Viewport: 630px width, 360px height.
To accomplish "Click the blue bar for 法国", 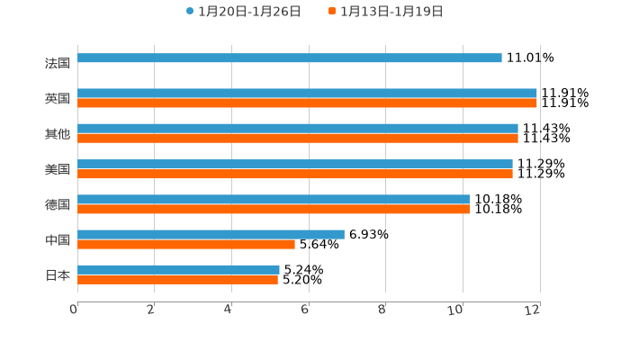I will tap(289, 58).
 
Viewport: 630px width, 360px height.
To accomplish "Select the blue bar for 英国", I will tap(307, 94).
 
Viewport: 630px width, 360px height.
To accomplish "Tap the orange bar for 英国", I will tap(307, 103).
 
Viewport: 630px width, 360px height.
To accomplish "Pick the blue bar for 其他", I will tap(297, 129).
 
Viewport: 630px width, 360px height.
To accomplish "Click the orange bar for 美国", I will tap(294, 174).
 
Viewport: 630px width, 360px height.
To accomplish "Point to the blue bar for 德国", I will tap(274, 199).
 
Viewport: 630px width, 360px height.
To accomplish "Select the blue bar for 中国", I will tap(211, 234).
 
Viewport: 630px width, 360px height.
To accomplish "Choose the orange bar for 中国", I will tap(185, 244).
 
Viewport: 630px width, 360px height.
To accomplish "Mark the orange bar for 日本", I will tap(177, 280).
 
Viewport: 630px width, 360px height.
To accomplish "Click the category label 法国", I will tap(58, 63).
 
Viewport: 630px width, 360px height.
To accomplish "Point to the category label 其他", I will tap(58, 134).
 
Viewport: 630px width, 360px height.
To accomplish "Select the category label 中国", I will tap(58, 239).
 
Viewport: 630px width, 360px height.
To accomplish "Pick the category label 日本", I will tap(58, 274).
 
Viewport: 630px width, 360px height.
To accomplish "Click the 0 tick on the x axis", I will tap(74, 310).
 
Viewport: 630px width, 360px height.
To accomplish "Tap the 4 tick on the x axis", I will tap(228, 310).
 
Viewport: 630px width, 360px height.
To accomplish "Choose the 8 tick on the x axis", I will tap(382, 310).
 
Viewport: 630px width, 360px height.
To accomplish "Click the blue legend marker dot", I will tap(190, 12).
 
